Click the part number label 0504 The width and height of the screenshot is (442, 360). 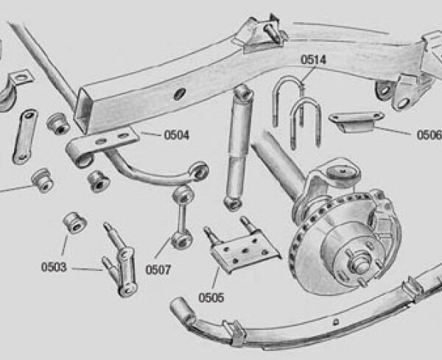point(177,135)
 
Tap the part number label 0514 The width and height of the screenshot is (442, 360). point(313,60)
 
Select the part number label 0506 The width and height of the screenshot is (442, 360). point(429,135)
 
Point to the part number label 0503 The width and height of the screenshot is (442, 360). point(54,267)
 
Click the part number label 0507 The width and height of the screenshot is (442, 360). point(158,270)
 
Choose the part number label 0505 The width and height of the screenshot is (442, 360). point(211,297)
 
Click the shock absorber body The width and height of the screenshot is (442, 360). point(239,147)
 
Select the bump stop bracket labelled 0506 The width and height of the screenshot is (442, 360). point(357,121)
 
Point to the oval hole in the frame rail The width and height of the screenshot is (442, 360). point(180,94)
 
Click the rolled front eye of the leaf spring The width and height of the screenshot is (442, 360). point(183,309)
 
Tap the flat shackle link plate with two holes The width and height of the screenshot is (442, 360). point(24,136)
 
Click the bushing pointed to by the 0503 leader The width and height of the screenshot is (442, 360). point(74,223)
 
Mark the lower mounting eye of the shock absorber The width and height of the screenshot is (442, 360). point(233,203)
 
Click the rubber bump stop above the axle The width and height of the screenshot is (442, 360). point(343,176)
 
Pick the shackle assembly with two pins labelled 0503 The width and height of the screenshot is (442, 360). point(120,260)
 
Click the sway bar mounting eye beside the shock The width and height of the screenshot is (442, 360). point(200,170)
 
